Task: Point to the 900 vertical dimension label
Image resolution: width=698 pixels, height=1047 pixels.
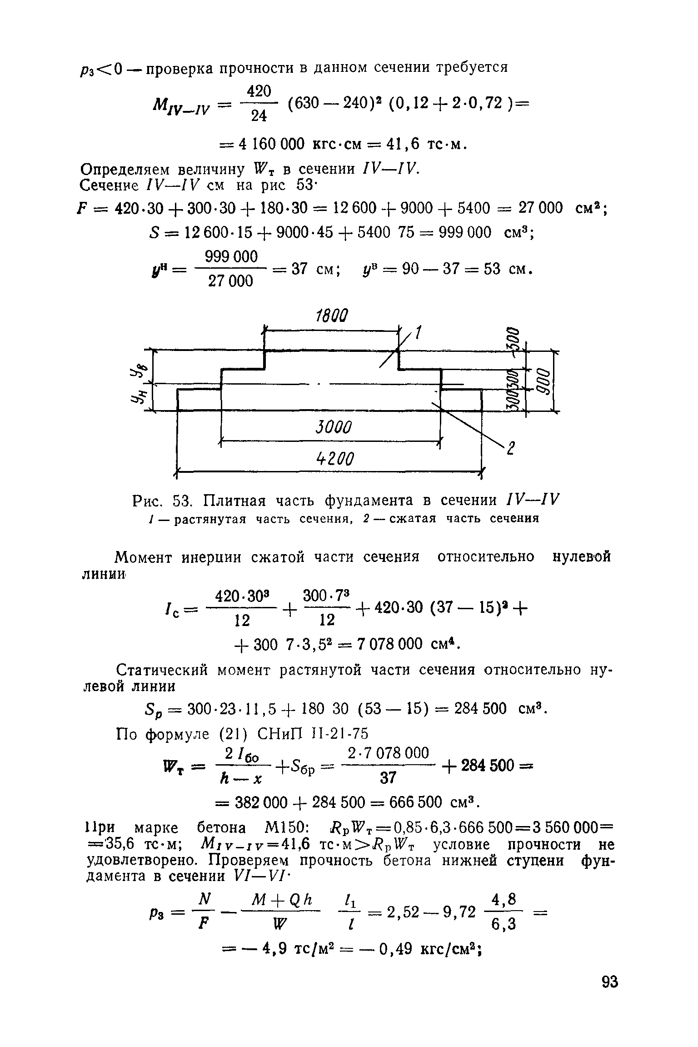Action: [x=545, y=382]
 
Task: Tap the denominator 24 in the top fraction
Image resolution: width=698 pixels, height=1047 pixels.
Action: [x=259, y=116]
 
